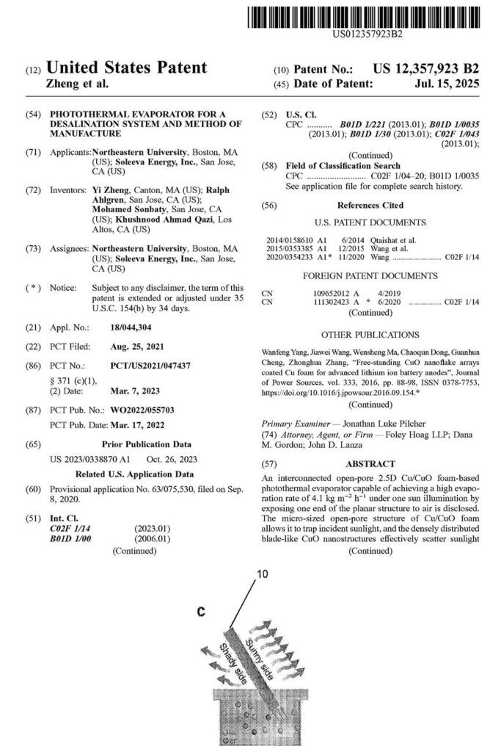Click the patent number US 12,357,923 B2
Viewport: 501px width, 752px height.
426,69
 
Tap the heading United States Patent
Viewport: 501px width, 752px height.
128,68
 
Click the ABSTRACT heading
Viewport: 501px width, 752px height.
372,464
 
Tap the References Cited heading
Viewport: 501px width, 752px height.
370,206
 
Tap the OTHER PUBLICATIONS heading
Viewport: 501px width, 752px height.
370,335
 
